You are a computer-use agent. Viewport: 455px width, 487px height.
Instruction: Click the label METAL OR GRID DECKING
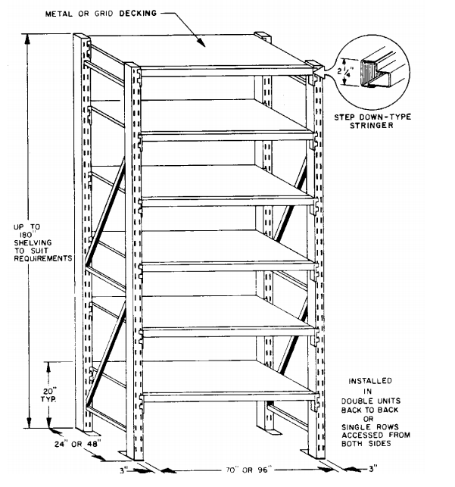(x=101, y=14)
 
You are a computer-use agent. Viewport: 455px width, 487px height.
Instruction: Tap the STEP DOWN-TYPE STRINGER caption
(x=372, y=121)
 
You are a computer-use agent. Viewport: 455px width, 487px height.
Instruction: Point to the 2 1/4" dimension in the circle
(x=344, y=72)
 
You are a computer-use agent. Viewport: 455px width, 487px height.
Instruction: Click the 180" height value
(x=26, y=235)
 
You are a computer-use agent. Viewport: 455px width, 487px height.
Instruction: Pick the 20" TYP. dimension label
(x=48, y=395)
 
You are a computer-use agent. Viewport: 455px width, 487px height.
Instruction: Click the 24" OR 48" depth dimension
(x=78, y=444)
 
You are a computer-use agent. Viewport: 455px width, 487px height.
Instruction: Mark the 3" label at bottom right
(x=373, y=468)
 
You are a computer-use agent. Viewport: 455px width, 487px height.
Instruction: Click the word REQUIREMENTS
(x=43, y=258)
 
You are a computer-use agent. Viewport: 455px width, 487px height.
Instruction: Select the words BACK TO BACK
(x=369, y=410)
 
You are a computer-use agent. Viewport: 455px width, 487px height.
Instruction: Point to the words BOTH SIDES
(x=366, y=444)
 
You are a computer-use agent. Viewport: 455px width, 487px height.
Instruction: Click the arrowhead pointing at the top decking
(x=201, y=43)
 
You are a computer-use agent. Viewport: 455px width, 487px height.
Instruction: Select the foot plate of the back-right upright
(x=274, y=432)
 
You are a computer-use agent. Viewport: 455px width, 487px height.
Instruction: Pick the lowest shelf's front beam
(x=229, y=397)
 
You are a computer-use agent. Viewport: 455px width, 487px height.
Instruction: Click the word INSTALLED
(x=370, y=381)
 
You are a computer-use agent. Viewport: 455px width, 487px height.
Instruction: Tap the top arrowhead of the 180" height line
(x=28, y=39)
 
